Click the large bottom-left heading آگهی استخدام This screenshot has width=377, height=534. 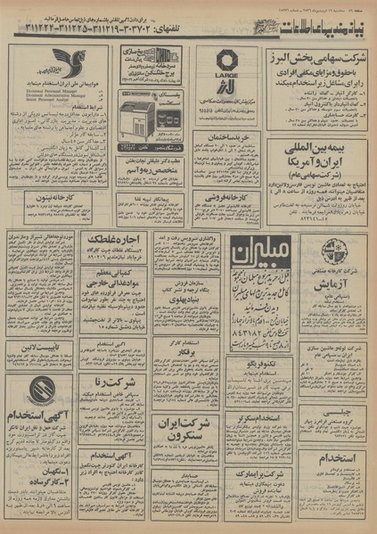41,417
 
